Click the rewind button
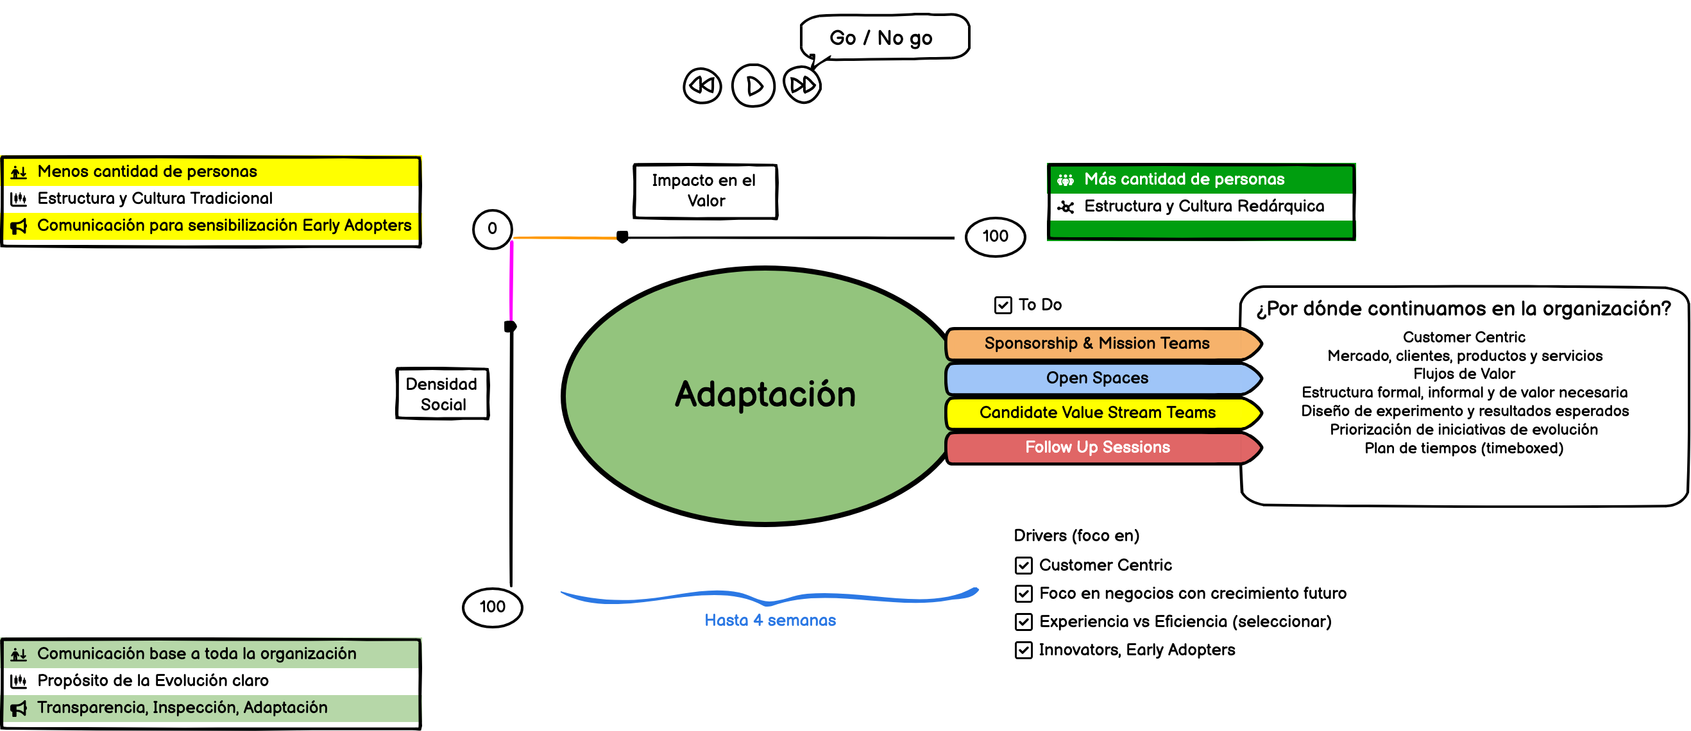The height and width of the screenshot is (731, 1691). [702, 86]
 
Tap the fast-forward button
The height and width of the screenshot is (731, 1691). [802, 85]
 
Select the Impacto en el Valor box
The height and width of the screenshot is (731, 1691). [705, 191]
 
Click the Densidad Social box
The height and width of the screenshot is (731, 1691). [442, 394]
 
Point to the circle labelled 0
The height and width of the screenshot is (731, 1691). [492, 229]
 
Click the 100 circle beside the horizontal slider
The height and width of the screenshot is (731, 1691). [995, 236]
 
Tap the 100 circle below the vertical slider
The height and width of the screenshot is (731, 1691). [492, 607]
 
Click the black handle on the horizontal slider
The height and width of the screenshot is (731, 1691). [622, 237]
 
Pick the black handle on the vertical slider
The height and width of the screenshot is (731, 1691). [510, 326]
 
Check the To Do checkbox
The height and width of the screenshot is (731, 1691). [1003, 305]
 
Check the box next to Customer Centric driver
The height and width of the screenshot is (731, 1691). [1023, 566]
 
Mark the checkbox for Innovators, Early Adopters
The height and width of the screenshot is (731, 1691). [1023, 650]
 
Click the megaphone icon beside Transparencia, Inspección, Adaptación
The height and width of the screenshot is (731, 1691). [19, 709]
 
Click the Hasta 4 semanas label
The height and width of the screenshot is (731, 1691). [770, 621]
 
